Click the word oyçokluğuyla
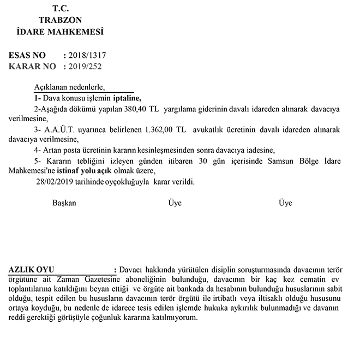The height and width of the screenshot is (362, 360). click(x=129, y=180)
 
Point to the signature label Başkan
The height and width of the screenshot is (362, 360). click(x=64, y=203)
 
